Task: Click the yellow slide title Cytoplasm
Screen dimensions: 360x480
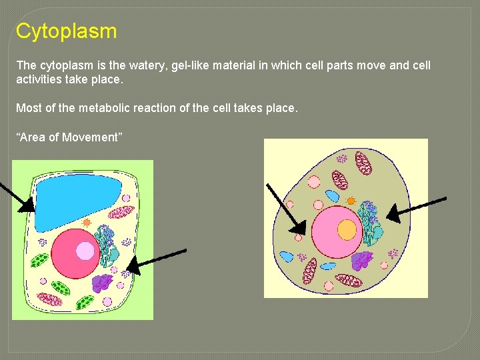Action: coord(66,31)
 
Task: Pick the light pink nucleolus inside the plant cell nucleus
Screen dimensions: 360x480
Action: coord(85,251)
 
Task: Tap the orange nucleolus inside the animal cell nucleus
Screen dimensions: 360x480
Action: coord(347,230)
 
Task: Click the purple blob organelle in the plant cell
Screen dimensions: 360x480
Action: coord(103,283)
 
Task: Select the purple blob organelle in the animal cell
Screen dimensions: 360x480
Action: coord(362,260)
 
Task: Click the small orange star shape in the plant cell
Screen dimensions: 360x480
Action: coord(87,221)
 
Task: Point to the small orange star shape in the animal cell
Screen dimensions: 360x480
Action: coord(351,199)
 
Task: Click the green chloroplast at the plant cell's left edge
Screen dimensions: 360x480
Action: coord(40,260)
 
